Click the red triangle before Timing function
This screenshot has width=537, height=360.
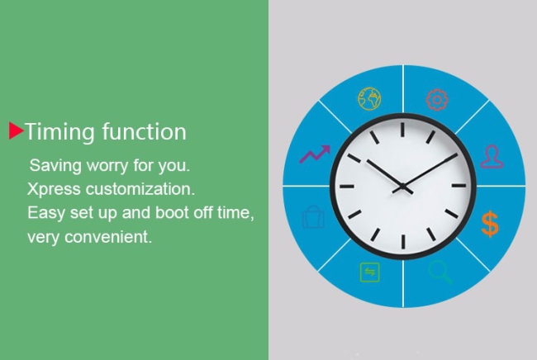tap(16, 130)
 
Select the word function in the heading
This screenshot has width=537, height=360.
tap(145, 131)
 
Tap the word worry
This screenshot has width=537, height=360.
tap(107, 165)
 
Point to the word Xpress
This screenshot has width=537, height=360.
tap(54, 190)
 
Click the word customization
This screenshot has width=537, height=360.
tap(140, 189)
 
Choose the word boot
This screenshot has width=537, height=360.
tap(172, 212)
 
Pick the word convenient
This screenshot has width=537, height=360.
tap(108, 237)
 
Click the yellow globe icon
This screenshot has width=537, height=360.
tap(369, 99)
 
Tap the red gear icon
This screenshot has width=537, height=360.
tap(437, 100)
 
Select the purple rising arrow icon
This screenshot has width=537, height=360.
tap(315, 154)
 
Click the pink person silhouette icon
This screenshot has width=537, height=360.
tap(492, 157)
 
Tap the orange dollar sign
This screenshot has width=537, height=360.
tap(490, 224)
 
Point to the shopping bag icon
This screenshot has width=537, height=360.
tap(313, 216)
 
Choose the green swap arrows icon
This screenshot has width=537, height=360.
tap(370, 272)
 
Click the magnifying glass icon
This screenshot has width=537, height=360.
tap(440, 272)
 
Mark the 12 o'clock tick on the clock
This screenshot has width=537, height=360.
tap(403, 130)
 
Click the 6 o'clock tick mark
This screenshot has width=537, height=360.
tap(403, 242)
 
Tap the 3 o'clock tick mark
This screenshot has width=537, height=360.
tap(459, 186)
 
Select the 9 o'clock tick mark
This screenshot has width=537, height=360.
tap(347, 187)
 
